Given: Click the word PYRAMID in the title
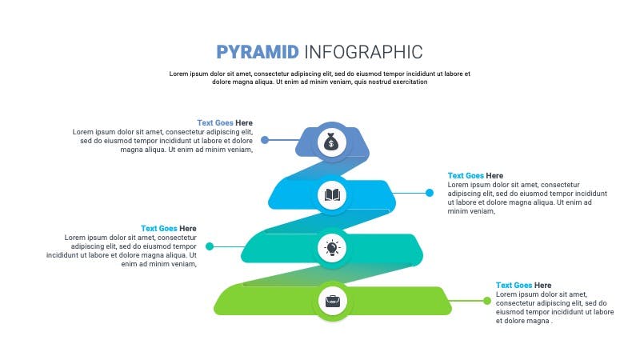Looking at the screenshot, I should click(x=258, y=52).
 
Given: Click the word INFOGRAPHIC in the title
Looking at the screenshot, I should click(x=362, y=52).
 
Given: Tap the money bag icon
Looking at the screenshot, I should click(x=331, y=142).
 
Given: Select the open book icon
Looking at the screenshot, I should click(x=331, y=194).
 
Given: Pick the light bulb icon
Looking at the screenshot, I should click(x=331, y=248).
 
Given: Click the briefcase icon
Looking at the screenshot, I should click(x=331, y=302).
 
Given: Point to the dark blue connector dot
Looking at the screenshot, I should click(x=265, y=140).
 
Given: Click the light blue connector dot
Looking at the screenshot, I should click(x=430, y=193).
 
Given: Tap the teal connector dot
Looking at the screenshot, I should click(x=210, y=246).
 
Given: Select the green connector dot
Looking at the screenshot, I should click(x=486, y=301).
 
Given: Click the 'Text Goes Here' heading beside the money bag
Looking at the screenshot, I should click(x=225, y=122).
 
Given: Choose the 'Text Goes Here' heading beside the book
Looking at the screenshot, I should click(x=475, y=175).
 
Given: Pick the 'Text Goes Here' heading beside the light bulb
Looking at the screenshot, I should click(x=168, y=229).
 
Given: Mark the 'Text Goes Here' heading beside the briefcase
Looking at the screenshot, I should click(x=523, y=285).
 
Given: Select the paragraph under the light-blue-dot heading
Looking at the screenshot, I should click(x=527, y=198).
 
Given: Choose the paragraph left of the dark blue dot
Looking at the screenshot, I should click(x=163, y=140).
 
